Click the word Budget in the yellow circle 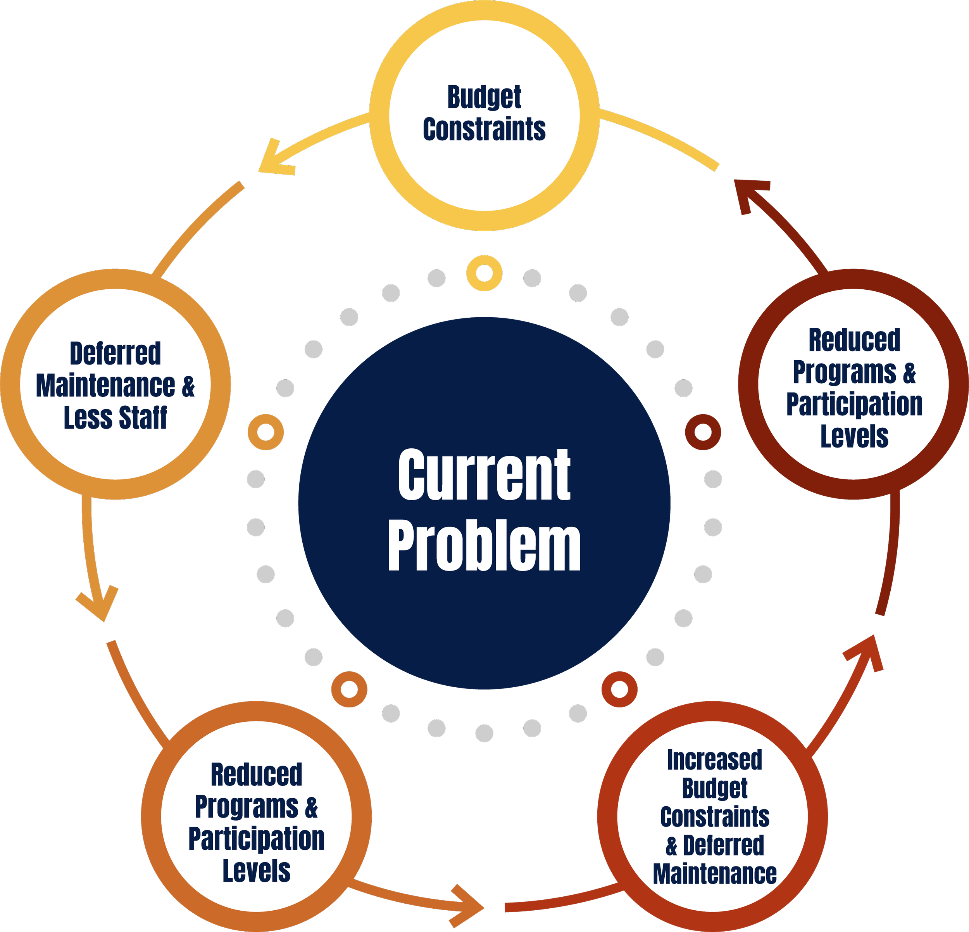[484, 97]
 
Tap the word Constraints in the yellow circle [484, 130]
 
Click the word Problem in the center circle [484, 546]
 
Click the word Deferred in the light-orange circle [115, 354]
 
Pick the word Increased [714, 760]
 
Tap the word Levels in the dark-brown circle [854, 436]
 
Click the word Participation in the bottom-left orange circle [256, 839]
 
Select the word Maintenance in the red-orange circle [714, 873]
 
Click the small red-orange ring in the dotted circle [619, 689]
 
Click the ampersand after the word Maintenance [188, 386]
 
